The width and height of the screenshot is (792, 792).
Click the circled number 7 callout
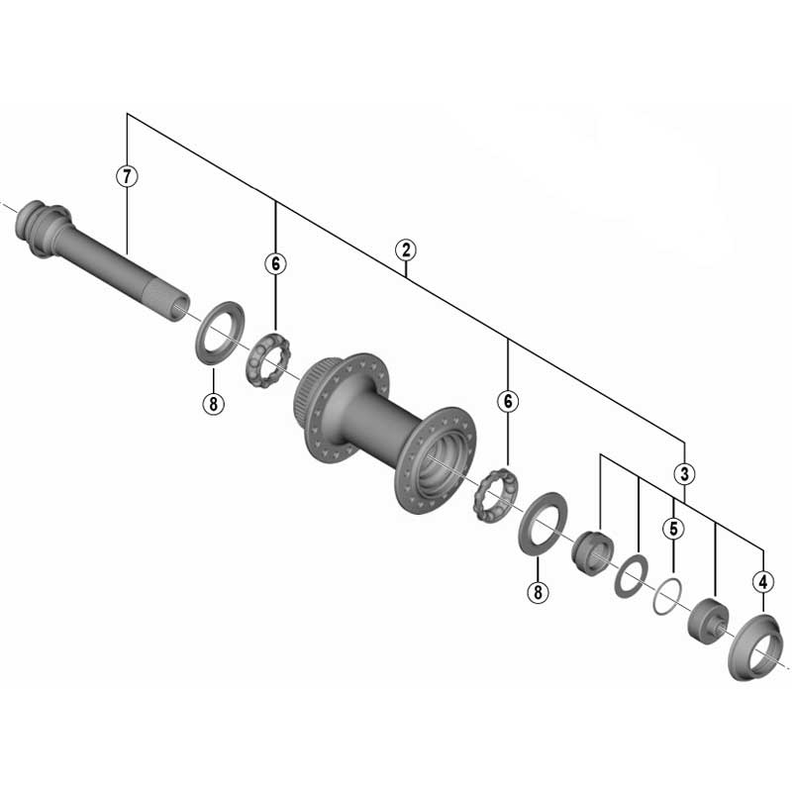[x=127, y=177]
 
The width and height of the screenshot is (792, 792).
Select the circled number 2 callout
[x=404, y=249]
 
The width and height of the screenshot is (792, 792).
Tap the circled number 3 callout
[x=684, y=472]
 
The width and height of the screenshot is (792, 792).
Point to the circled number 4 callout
[x=762, y=582]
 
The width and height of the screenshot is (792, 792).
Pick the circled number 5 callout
[x=672, y=529]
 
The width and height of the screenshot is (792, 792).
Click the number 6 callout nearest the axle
[x=274, y=263]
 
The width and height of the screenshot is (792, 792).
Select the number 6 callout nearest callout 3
[x=508, y=401]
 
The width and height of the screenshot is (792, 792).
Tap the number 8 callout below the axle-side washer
[x=213, y=403]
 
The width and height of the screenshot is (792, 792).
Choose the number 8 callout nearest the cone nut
[x=537, y=592]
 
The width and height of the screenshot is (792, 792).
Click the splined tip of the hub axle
[x=177, y=301]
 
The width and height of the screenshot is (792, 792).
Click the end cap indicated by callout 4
[x=755, y=647]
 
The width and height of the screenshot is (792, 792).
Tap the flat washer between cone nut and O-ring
[x=630, y=576]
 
